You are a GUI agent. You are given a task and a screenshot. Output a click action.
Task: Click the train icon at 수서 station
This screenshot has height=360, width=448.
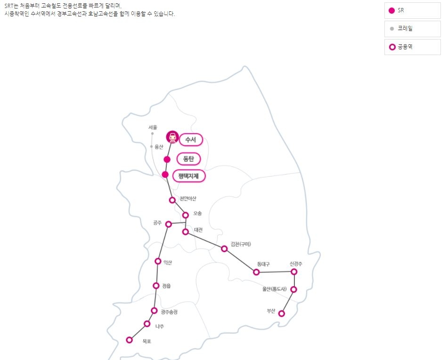click(x=173, y=137)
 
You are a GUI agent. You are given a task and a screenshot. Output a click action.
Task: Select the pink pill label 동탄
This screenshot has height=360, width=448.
click(x=188, y=159)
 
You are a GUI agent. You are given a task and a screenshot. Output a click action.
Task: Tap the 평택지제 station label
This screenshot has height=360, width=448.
click(x=189, y=176)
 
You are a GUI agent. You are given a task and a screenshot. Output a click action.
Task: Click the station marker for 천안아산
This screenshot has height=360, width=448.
click(x=172, y=200)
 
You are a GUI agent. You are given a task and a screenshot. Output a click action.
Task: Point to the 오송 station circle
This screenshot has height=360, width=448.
click(x=186, y=215)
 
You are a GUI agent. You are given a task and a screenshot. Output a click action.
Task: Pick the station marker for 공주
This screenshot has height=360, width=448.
click(x=169, y=224)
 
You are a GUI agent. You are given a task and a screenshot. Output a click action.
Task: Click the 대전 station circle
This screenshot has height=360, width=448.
click(x=186, y=232)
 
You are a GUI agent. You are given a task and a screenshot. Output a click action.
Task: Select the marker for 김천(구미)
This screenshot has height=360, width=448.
click(x=224, y=248)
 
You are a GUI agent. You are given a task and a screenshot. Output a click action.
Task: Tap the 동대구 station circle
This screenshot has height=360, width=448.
click(x=256, y=272)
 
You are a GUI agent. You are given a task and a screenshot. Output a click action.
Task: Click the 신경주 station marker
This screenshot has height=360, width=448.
click(x=294, y=272)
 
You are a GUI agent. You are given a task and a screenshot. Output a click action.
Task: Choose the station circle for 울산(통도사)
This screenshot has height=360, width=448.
click(x=293, y=289)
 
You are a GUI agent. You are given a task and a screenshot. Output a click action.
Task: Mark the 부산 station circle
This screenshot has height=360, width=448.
click(x=282, y=313)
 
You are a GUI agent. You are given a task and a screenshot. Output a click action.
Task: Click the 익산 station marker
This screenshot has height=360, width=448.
click(x=158, y=261)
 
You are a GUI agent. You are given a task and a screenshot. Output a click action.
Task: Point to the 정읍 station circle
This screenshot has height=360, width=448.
click(x=156, y=286)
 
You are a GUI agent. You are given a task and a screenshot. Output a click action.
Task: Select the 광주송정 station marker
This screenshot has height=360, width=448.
click(x=154, y=311)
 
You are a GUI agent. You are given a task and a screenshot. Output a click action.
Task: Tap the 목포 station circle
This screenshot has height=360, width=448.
click(x=129, y=340)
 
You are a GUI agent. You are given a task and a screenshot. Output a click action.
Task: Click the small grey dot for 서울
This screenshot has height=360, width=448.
click(x=152, y=134)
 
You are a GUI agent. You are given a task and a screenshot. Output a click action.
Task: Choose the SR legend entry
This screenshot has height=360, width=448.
click(x=412, y=10)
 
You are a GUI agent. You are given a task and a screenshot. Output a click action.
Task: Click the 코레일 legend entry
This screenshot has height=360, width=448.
click(x=412, y=29)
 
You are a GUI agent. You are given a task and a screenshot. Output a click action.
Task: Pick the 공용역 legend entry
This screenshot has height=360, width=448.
click(x=412, y=47)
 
